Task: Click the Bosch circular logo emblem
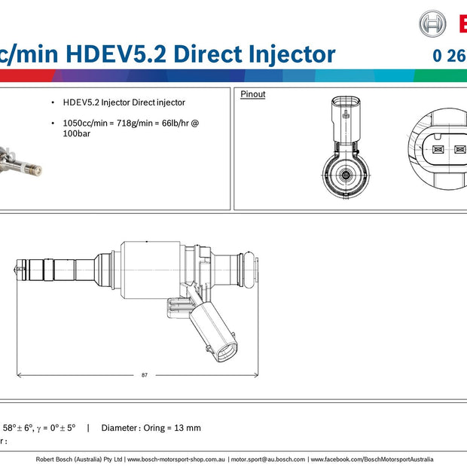coord(432,23)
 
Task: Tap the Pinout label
coord(252,94)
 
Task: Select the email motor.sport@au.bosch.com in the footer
coord(268,459)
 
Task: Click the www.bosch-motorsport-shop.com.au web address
coord(176,459)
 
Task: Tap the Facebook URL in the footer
coord(372,459)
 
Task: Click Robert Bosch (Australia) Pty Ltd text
coord(80,459)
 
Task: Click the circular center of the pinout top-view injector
coord(345,175)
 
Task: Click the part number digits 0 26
coord(447,55)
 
